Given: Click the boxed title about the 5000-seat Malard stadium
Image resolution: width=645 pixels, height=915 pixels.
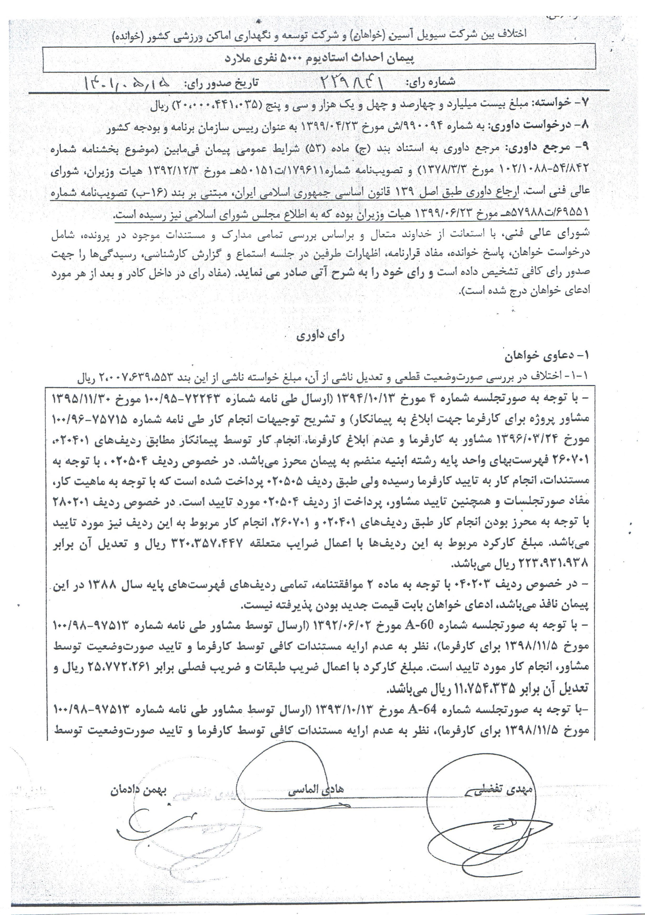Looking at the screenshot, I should [x=319, y=59].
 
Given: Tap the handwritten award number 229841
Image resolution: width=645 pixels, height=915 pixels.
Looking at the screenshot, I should [x=352, y=83].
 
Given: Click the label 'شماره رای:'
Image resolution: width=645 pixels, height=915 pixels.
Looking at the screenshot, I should [x=430, y=82].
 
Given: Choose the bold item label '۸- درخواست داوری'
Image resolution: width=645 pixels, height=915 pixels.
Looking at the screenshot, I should [x=544, y=125].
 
